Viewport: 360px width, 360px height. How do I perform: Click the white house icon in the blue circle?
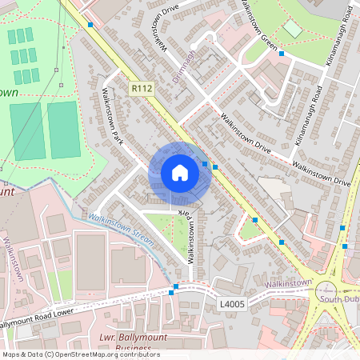179,173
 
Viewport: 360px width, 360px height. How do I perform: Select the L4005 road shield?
232,303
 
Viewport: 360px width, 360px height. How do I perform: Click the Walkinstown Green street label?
258,24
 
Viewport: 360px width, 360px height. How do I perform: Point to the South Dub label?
339,298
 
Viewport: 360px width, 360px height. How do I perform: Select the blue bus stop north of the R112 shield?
90,25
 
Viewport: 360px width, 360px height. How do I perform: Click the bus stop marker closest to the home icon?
206,164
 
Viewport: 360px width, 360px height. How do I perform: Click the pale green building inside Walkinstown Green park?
293,30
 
